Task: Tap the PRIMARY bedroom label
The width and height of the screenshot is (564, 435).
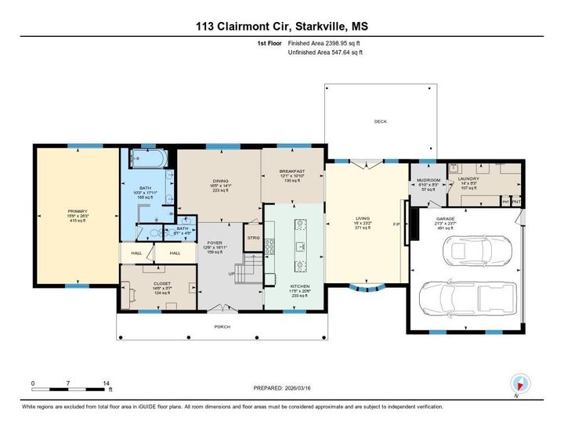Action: tap(75, 211)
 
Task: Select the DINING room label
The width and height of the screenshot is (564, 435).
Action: tap(220, 181)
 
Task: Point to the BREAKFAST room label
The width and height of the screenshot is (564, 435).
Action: tap(292, 171)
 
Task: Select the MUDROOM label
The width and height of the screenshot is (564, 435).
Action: tap(429, 179)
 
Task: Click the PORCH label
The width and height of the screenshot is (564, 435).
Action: tap(222, 327)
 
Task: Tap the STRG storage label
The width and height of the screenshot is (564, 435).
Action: tap(253, 237)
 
